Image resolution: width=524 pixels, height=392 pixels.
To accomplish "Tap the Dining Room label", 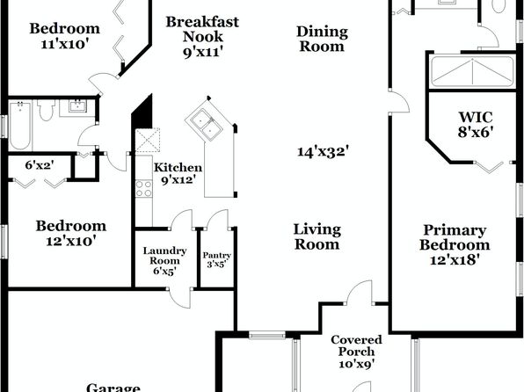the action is click(x=322, y=39).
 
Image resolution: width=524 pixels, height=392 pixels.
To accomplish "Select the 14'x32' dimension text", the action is click(x=324, y=151).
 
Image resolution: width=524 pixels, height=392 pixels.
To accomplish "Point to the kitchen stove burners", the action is click(x=143, y=188).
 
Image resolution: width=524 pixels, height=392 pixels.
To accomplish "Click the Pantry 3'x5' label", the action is click(x=217, y=259).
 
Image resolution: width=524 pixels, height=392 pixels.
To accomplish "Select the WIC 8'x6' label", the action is click(x=476, y=124).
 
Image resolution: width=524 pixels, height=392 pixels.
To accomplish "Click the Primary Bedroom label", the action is click(x=455, y=244).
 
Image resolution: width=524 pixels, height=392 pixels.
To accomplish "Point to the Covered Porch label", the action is click(x=356, y=352).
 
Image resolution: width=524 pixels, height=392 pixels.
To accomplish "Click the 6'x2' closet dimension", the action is click(x=40, y=164).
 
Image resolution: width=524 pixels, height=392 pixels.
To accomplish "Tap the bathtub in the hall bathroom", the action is click(x=20, y=126).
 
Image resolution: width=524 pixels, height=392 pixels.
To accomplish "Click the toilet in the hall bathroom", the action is click(x=47, y=109).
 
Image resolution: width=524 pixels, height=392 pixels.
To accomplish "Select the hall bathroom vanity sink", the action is click(x=78, y=106).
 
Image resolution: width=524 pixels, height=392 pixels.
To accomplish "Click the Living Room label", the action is click(x=317, y=237).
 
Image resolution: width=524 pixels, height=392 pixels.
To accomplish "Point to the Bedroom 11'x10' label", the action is click(x=65, y=35).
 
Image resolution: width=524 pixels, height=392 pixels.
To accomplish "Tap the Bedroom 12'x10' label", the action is click(x=71, y=233).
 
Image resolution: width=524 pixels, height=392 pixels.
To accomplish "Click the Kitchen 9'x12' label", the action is click(x=178, y=173).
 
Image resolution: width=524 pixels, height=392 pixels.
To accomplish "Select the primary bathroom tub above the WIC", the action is click(x=472, y=71).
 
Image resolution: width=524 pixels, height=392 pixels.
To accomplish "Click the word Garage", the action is click(x=113, y=388).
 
